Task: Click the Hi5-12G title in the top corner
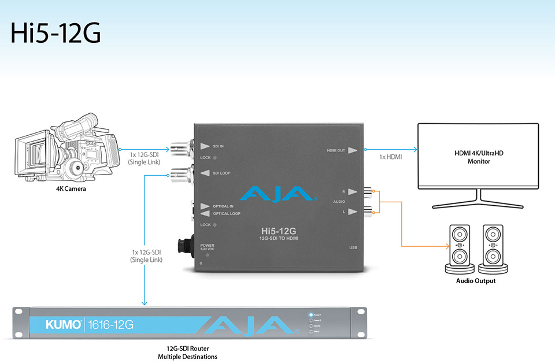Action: pos(55,33)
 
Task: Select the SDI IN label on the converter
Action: pos(218,147)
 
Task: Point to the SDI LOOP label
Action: pos(221,173)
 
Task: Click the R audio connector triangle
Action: pos(353,191)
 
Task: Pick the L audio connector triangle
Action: pos(353,212)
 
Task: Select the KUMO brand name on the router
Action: pos(64,325)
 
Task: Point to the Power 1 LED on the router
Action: pos(312,316)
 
